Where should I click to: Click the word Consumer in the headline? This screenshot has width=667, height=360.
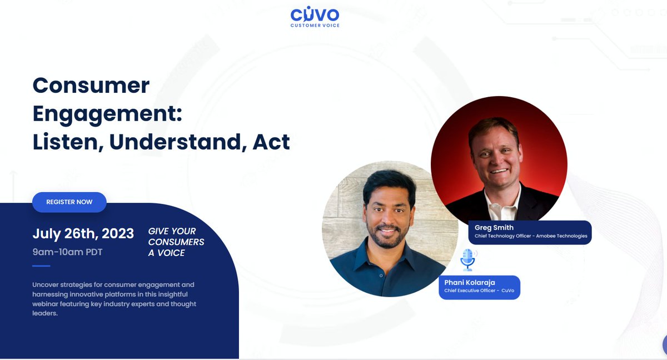tap(91, 85)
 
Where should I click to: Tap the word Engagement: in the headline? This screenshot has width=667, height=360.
tap(107, 113)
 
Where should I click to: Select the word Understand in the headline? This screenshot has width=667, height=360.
tap(178, 142)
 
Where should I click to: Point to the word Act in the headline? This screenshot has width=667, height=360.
tap(271, 142)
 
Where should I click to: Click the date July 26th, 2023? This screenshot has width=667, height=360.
tap(83, 233)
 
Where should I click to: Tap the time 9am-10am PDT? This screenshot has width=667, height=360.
tap(67, 252)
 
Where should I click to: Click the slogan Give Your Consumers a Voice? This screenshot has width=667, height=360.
tap(176, 242)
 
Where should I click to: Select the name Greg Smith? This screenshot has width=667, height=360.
tap(494, 228)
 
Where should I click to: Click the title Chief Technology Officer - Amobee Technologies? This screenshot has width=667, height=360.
tap(530, 236)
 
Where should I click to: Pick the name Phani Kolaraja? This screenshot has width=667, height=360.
tap(470, 282)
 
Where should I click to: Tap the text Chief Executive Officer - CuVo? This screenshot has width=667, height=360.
tap(479, 291)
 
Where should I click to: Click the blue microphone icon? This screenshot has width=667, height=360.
tap(468, 259)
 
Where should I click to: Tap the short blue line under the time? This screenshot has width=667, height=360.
tap(41, 266)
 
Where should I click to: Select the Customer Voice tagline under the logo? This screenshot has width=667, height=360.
tap(315, 26)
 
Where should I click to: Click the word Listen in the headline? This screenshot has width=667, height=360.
tap(66, 142)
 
